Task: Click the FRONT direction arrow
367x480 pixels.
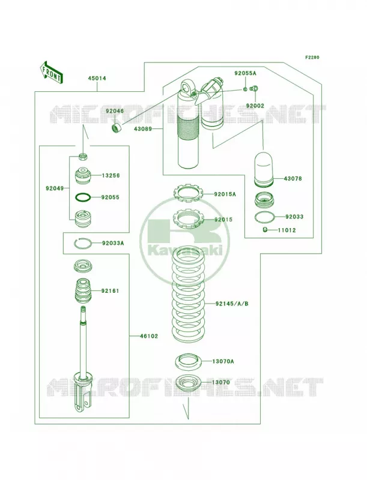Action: [51, 71]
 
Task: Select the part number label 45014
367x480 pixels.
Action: [97, 79]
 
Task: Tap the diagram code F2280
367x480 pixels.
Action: [312, 57]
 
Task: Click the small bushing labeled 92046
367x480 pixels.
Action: [117, 128]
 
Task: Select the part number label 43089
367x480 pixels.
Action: [142, 129]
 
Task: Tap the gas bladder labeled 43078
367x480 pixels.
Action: [264, 169]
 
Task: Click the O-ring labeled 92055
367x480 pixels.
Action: [83, 197]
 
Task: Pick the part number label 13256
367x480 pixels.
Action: [111, 176]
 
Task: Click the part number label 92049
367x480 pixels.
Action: [55, 188]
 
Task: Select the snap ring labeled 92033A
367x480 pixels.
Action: [83, 244]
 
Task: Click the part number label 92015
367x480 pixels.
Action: [223, 220]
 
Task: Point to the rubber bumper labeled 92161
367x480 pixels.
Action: [84, 290]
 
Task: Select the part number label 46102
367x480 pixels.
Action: [149, 336]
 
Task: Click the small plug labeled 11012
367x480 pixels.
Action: [265, 230]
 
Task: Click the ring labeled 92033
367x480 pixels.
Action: [264, 217]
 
